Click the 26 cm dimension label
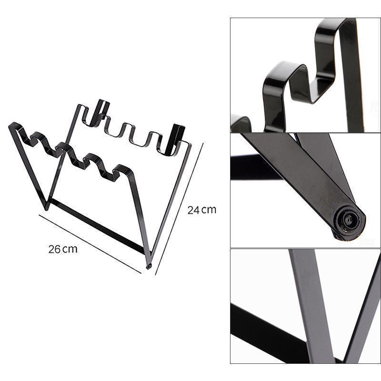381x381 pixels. coord(63,249)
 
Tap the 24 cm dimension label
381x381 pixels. coord(201,210)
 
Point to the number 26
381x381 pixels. coord(54,249)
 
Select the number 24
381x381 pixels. coord(193,210)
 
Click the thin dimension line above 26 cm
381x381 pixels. coord(90,244)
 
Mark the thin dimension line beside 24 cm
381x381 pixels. coord(180,209)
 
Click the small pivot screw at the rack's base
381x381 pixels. coord(148,267)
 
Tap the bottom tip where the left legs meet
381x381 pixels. coord(46,209)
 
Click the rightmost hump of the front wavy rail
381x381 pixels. coord(123,170)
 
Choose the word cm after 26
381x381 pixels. coord(70,250)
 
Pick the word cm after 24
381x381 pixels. coord(209,211)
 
